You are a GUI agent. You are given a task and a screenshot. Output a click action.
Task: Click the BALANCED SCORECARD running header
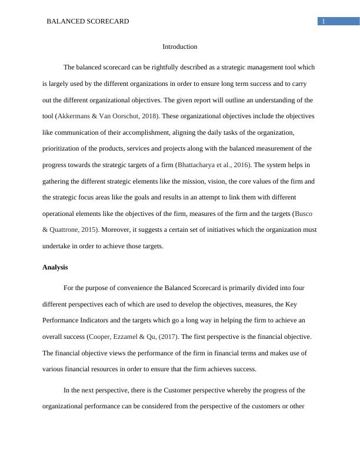(x=87, y=21)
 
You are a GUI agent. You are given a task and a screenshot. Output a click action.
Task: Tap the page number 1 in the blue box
(x=323, y=21)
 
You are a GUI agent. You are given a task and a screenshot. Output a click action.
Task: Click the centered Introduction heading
(x=180, y=46)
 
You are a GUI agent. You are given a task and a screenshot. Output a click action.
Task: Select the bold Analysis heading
(x=55, y=267)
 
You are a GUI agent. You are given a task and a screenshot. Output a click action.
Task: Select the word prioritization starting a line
(x=63, y=148)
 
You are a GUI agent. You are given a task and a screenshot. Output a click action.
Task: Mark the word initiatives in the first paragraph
(x=204, y=229)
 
